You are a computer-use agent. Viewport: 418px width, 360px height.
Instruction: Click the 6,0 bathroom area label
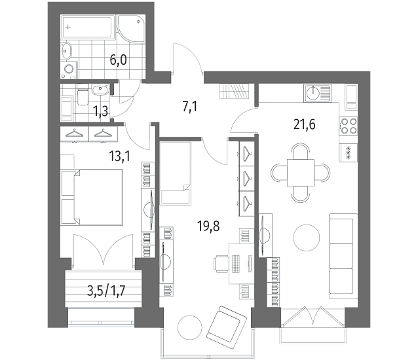[x=118, y=60]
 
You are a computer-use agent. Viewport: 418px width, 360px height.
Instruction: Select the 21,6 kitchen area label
[x=304, y=124]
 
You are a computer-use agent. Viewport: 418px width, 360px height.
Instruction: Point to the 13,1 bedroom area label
[x=119, y=156]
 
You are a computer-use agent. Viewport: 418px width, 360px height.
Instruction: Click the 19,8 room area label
[x=208, y=226]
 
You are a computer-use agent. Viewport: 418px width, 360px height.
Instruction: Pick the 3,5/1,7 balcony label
[x=106, y=291]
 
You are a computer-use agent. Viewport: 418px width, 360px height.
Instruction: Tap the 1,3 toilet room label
[x=100, y=111]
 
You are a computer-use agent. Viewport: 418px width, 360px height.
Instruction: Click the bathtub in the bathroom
[x=87, y=27]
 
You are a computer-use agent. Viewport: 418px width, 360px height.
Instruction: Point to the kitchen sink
[x=317, y=93]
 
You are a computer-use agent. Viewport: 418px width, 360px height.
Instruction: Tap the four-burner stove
[x=349, y=126]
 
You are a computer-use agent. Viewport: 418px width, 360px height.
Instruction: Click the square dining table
[x=301, y=173]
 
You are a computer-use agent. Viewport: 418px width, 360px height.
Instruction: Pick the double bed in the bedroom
[x=92, y=197]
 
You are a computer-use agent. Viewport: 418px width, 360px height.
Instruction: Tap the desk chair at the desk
[x=221, y=264]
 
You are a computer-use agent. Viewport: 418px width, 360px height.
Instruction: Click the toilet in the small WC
[x=83, y=98]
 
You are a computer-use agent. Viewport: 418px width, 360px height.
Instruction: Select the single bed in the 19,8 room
[x=176, y=173]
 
